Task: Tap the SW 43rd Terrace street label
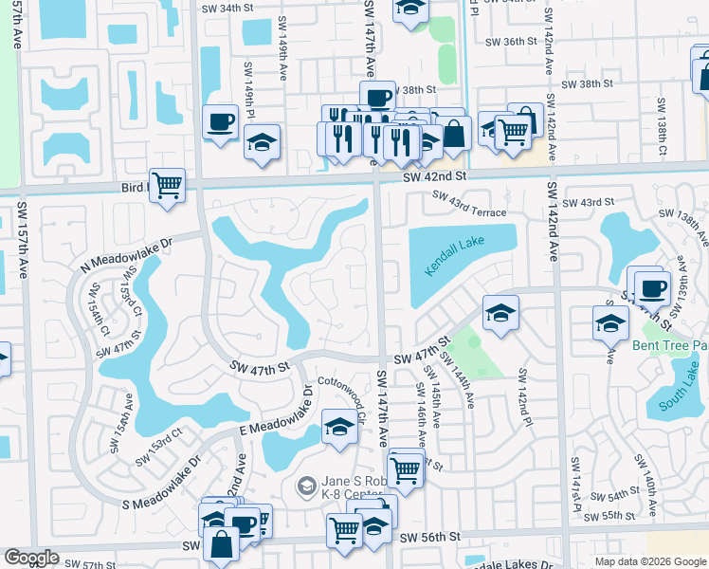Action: [469, 204]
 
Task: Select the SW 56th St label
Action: [429, 537]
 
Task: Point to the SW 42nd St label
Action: [435, 176]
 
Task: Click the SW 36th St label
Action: [515, 42]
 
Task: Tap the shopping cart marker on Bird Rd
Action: [168, 185]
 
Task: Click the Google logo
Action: [31, 558]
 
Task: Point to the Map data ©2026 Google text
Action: [648, 561]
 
